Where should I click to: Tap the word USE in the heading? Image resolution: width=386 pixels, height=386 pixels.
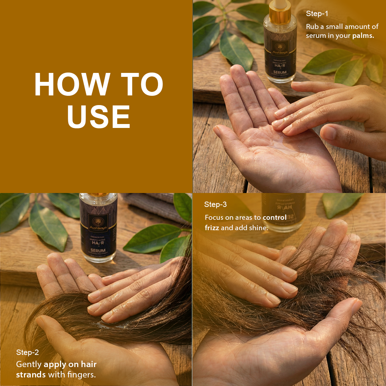[99, 117]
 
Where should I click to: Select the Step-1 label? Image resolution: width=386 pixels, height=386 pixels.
[317, 14]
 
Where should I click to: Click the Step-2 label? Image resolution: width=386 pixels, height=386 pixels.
[28, 352]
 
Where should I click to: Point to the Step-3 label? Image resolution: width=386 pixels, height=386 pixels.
[216, 204]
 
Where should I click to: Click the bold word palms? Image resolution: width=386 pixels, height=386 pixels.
[363, 36]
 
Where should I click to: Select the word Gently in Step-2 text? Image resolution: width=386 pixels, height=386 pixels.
[29, 365]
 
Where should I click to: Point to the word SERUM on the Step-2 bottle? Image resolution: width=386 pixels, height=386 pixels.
[98, 251]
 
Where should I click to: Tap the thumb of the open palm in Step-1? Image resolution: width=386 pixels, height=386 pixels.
[229, 135]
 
